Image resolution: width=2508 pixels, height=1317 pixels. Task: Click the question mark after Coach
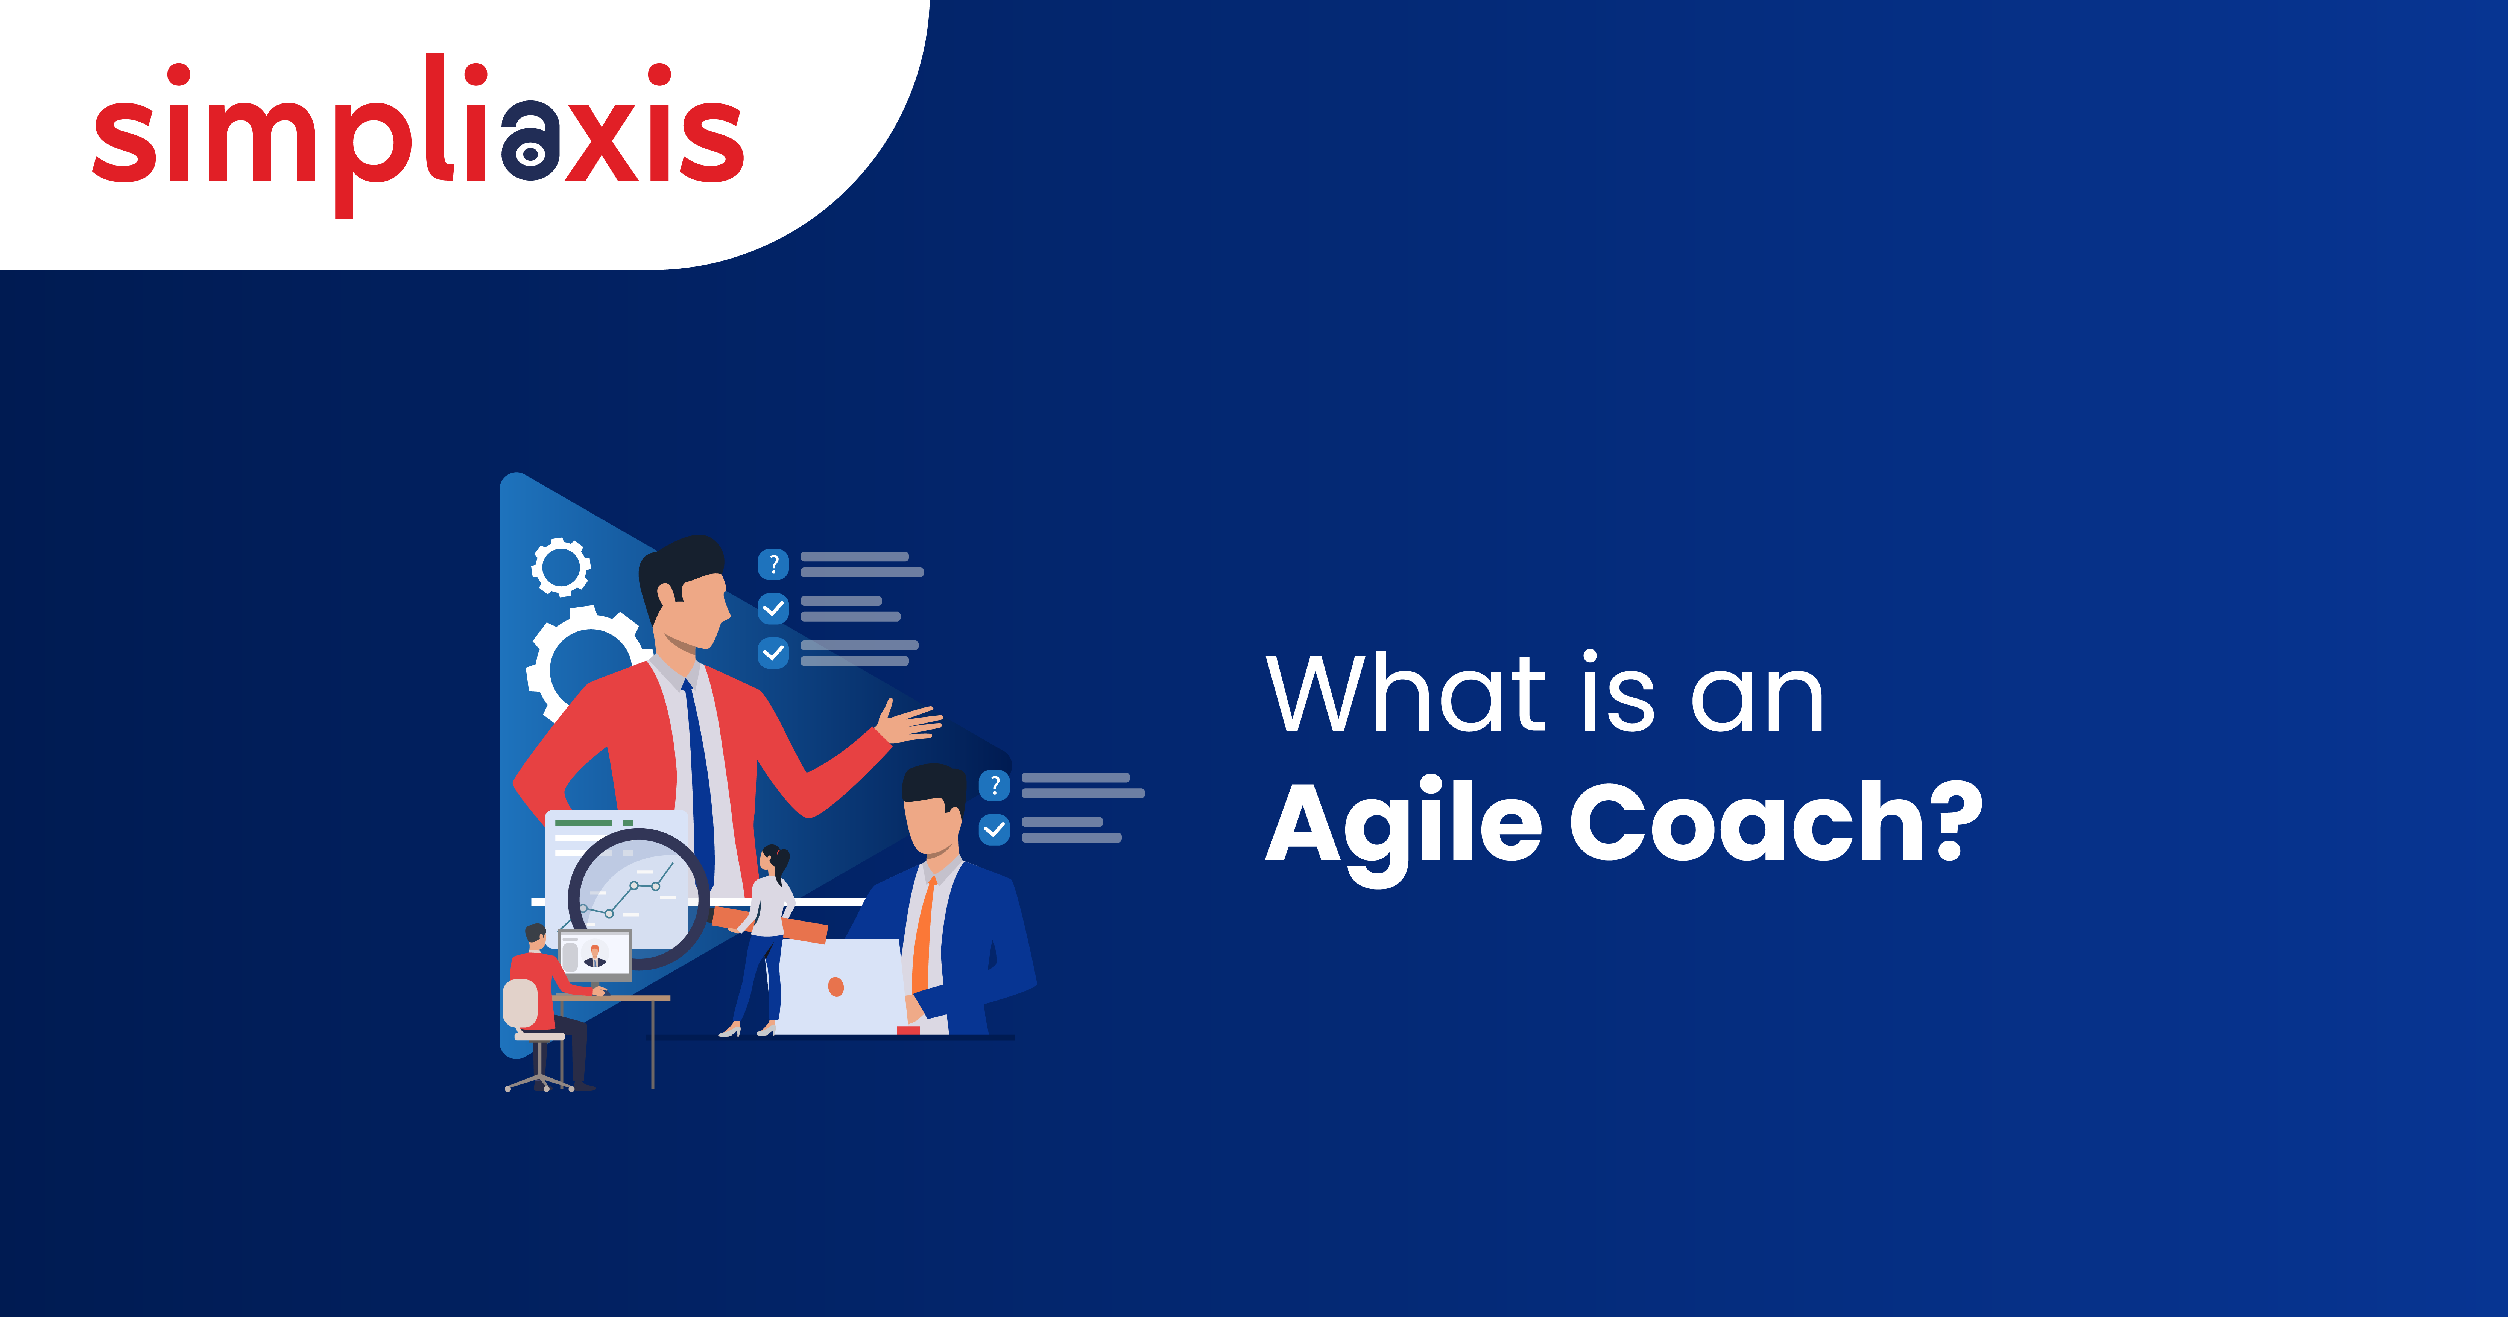pos(1957,821)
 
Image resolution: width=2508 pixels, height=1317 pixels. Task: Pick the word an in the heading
pos(1758,700)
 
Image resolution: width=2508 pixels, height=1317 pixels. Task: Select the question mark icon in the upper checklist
pos(773,564)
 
